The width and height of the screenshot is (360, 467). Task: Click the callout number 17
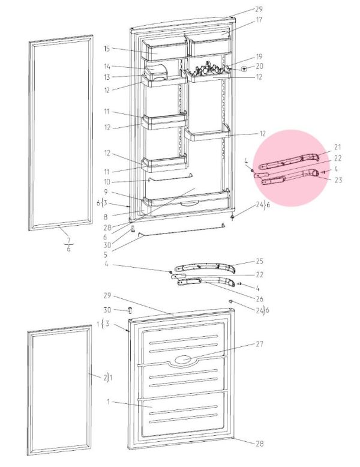[259, 20]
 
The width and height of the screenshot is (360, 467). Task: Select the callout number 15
[107, 49]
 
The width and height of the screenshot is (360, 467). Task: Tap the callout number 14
[107, 67]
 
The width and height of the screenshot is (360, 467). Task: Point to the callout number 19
[259, 56]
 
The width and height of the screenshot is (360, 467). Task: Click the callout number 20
[259, 66]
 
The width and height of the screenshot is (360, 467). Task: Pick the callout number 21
[337, 147]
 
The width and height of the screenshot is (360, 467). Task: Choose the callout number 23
[338, 180]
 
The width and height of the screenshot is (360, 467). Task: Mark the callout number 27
[260, 344]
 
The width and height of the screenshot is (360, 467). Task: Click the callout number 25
[260, 261]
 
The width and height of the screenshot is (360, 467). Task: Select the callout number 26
[260, 298]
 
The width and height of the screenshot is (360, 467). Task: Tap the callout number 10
[107, 181]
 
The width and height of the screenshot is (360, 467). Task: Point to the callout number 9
[106, 193]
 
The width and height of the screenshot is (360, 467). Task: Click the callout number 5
[106, 255]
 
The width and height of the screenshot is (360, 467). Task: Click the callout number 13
[107, 77]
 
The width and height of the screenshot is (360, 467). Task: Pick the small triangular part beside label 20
[244, 70]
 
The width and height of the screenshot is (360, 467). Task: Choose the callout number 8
[106, 217]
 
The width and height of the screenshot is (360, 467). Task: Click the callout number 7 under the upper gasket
[69, 239]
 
